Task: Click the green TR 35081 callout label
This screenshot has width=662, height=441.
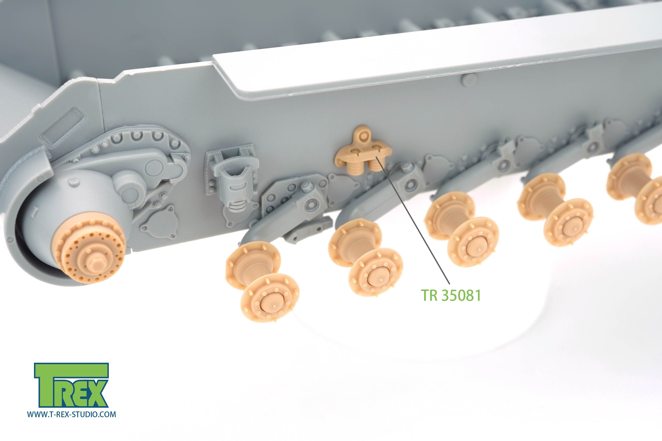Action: [451, 295]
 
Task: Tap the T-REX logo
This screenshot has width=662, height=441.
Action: [71, 385]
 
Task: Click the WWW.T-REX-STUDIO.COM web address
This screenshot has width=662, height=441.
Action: [71, 414]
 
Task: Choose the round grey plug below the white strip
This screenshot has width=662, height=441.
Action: [469, 80]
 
